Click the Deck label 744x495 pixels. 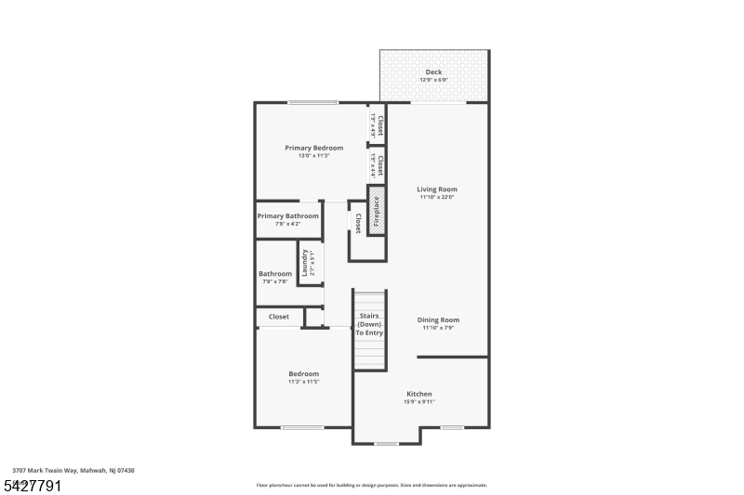433,72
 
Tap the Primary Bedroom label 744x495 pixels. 313,148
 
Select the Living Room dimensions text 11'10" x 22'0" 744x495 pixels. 437,197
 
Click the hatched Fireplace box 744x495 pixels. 377,211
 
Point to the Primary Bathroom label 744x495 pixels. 287,215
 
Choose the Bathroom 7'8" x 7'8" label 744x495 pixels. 275,274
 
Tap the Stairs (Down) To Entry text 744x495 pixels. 369,324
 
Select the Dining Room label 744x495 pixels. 437,319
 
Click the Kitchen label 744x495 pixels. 418,394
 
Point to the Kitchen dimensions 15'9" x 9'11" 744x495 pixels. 418,402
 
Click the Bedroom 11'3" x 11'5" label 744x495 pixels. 303,373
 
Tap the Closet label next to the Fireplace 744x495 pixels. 358,223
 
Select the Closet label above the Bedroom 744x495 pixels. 279,317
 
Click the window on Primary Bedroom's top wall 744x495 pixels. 312,102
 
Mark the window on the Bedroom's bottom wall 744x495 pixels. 302,427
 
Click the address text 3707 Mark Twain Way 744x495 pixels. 73,471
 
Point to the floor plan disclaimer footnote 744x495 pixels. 371,485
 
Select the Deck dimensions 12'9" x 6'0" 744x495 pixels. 433,80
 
